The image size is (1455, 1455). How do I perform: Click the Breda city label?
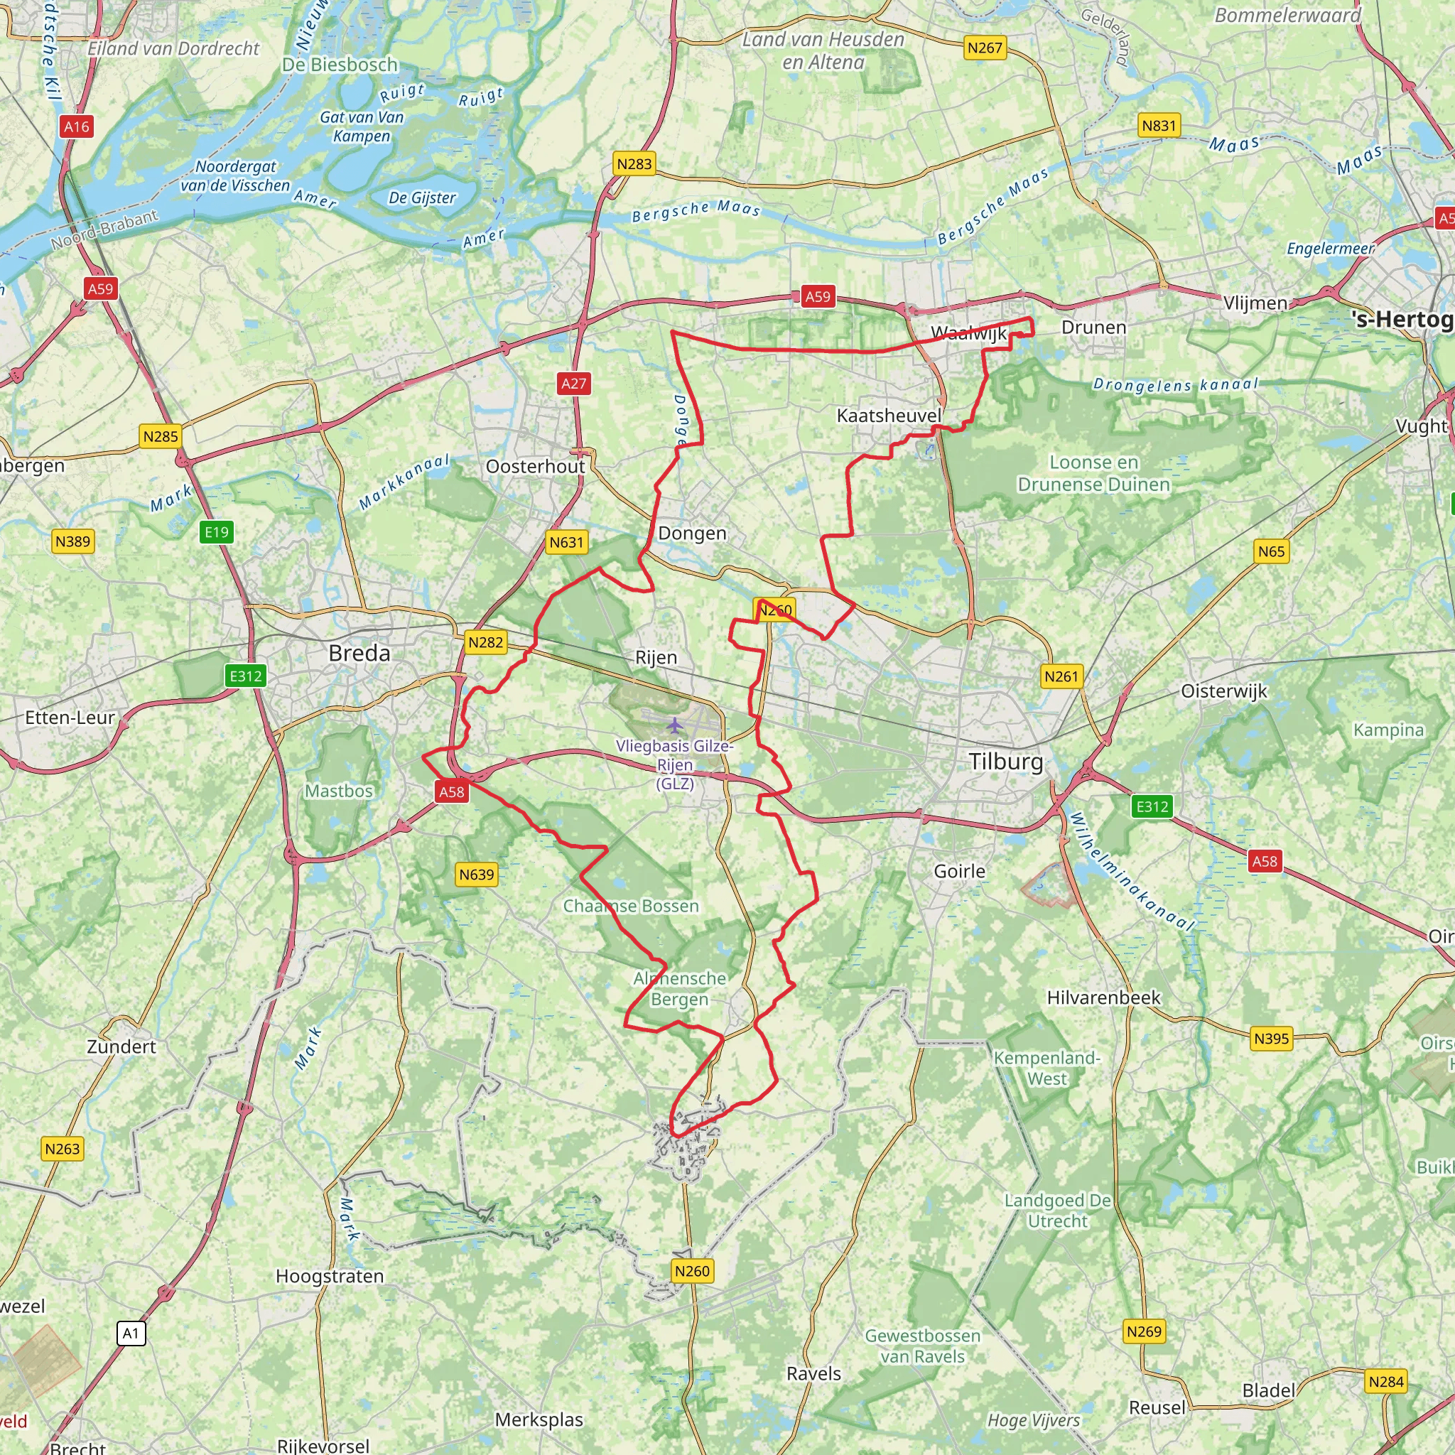[x=359, y=653]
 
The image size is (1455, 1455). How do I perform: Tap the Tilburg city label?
[x=1006, y=762]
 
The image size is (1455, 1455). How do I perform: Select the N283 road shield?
[x=633, y=164]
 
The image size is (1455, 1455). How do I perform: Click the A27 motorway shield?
[x=573, y=384]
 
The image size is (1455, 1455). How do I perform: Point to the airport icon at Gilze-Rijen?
[x=675, y=725]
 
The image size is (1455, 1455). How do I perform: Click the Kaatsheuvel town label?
[x=889, y=416]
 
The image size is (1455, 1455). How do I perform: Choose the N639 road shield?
[x=477, y=875]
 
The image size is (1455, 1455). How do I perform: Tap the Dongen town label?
[x=692, y=534]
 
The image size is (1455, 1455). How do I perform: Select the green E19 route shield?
[x=217, y=532]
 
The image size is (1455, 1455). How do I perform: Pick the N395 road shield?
[x=1271, y=1039]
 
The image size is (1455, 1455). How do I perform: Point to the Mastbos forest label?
[x=339, y=791]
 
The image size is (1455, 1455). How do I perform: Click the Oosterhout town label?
[x=535, y=466]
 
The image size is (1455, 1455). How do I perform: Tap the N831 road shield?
[x=1158, y=126]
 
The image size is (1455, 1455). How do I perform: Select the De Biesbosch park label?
[x=340, y=65]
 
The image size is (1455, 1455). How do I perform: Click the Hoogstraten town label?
[x=330, y=1276]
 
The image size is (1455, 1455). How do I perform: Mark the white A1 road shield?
[x=131, y=1334]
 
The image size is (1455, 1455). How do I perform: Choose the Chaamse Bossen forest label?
[x=631, y=906]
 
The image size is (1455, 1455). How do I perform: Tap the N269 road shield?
[x=1143, y=1331]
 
